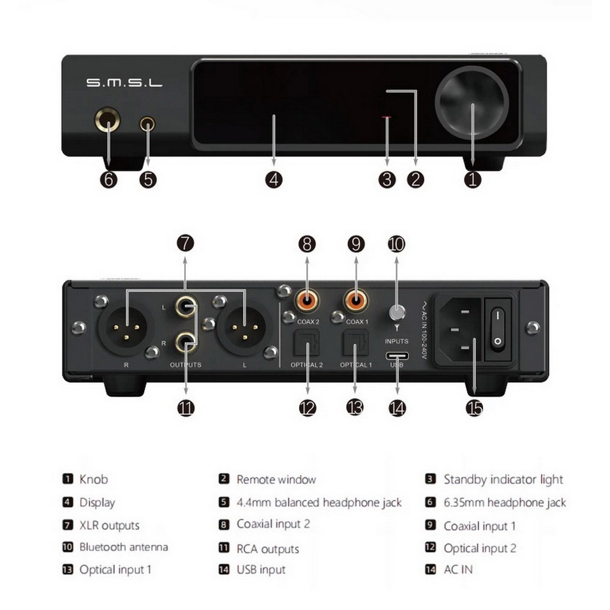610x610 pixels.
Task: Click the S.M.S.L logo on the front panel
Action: (x=124, y=83)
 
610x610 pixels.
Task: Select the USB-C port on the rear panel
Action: (x=397, y=355)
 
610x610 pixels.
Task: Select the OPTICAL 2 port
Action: (x=308, y=345)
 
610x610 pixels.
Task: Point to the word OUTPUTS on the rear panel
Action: (x=186, y=365)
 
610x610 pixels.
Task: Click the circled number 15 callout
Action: (x=475, y=408)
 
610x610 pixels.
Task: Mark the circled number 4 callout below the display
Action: (x=273, y=180)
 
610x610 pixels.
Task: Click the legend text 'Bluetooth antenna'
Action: (x=124, y=547)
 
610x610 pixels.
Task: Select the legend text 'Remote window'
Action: (x=276, y=479)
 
